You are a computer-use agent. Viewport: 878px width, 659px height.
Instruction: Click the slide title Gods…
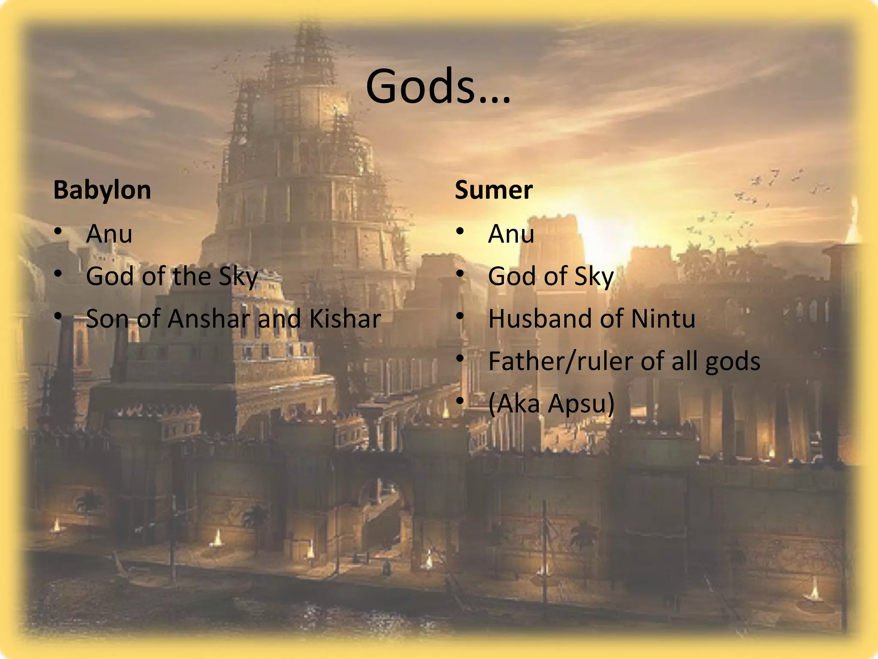[x=438, y=87]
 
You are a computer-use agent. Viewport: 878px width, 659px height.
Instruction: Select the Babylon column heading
[x=102, y=190]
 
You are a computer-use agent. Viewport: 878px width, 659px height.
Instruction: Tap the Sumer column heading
[x=493, y=190]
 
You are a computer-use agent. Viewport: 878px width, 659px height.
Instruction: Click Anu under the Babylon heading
[x=109, y=234]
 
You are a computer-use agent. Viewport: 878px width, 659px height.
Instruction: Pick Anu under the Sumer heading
[x=511, y=234]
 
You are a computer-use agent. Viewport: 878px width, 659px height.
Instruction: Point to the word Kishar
[x=345, y=319]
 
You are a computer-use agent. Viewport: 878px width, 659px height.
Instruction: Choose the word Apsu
[x=581, y=404]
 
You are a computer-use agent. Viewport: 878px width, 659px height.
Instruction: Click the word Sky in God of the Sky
[x=238, y=277]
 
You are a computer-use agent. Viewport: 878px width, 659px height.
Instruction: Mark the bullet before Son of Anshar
[x=58, y=317]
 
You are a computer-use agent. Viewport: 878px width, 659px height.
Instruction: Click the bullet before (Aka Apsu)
[x=460, y=402]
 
